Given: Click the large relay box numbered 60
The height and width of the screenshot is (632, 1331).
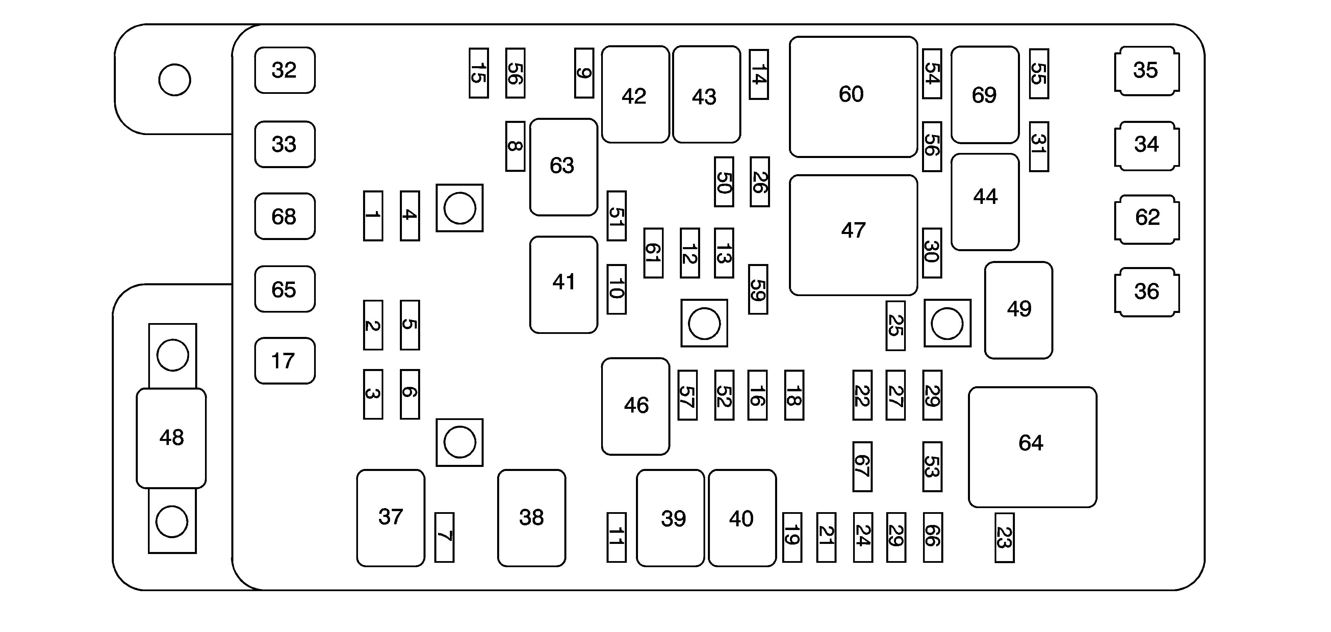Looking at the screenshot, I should pyautogui.click(x=853, y=97).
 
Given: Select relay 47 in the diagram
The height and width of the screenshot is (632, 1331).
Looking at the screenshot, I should pyautogui.click(x=853, y=235).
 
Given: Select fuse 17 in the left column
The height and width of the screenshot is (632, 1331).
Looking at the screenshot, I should pyautogui.click(x=285, y=361).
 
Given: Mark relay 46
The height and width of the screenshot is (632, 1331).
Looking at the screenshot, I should pyautogui.click(x=636, y=406).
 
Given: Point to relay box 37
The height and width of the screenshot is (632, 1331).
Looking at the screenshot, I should pyautogui.click(x=391, y=517).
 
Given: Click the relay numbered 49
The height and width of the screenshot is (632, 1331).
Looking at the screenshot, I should pyautogui.click(x=1018, y=310).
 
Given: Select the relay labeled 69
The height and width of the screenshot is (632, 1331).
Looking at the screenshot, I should pyautogui.click(x=985, y=95).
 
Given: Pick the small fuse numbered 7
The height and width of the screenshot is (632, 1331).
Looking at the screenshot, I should pyautogui.click(x=444, y=537).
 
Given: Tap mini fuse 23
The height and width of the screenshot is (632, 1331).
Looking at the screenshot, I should pyautogui.click(x=1004, y=537).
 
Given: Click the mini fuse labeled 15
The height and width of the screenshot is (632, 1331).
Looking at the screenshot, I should pyautogui.click(x=479, y=73).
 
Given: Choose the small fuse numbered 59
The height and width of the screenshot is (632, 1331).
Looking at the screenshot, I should pyautogui.click(x=758, y=289).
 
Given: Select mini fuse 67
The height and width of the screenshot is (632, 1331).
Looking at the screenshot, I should pyautogui.click(x=862, y=466).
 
